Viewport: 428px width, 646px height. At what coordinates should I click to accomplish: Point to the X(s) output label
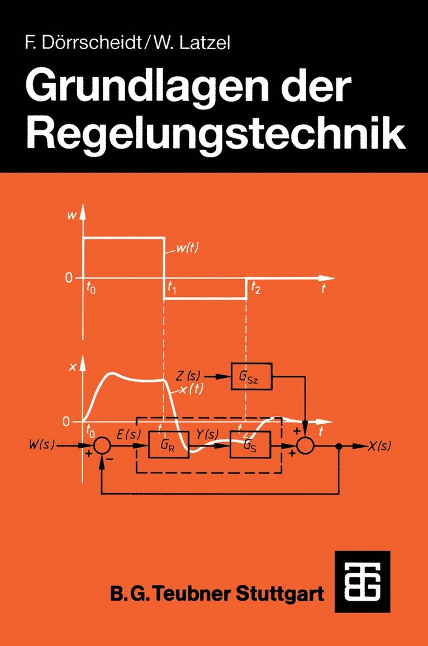pyautogui.click(x=379, y=446)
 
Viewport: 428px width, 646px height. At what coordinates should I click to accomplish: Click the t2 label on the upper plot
pyautogui.click(x=255, y=288)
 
